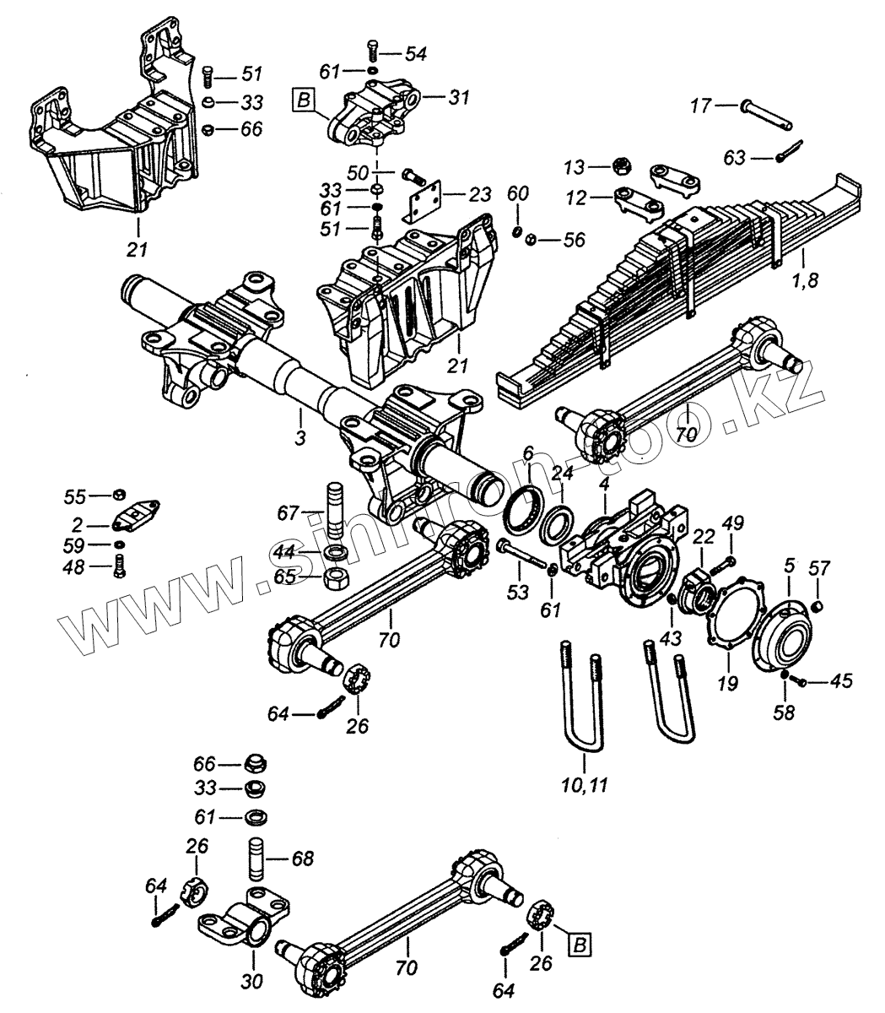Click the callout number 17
(x=700, y=106)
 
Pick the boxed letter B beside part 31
(x=304, y=102)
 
